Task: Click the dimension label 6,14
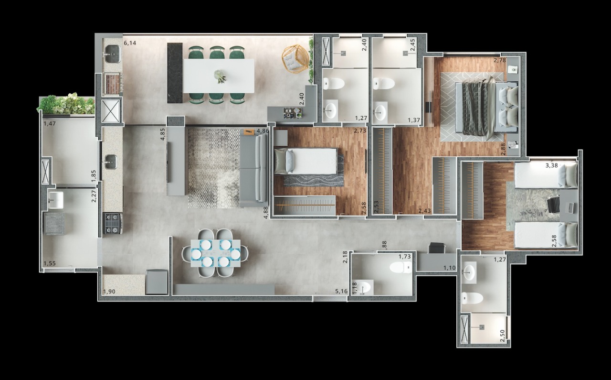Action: (x=130, y=43)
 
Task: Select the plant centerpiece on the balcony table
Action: (x=220, y=76)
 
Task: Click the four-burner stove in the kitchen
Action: (x=113, y=223)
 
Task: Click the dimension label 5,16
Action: (x=341, y=291)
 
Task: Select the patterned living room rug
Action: (x=213, y=167)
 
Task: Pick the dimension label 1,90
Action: (x=110, y=291)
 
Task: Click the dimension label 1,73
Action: (x=405, y=257)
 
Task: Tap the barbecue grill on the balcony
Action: (x=112, y=85)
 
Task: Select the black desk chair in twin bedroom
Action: (x=554, y=206)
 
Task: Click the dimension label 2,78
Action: (x=500, y=60)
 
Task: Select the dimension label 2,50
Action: (x=502, y=336)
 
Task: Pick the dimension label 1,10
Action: (x=449, y=268)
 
